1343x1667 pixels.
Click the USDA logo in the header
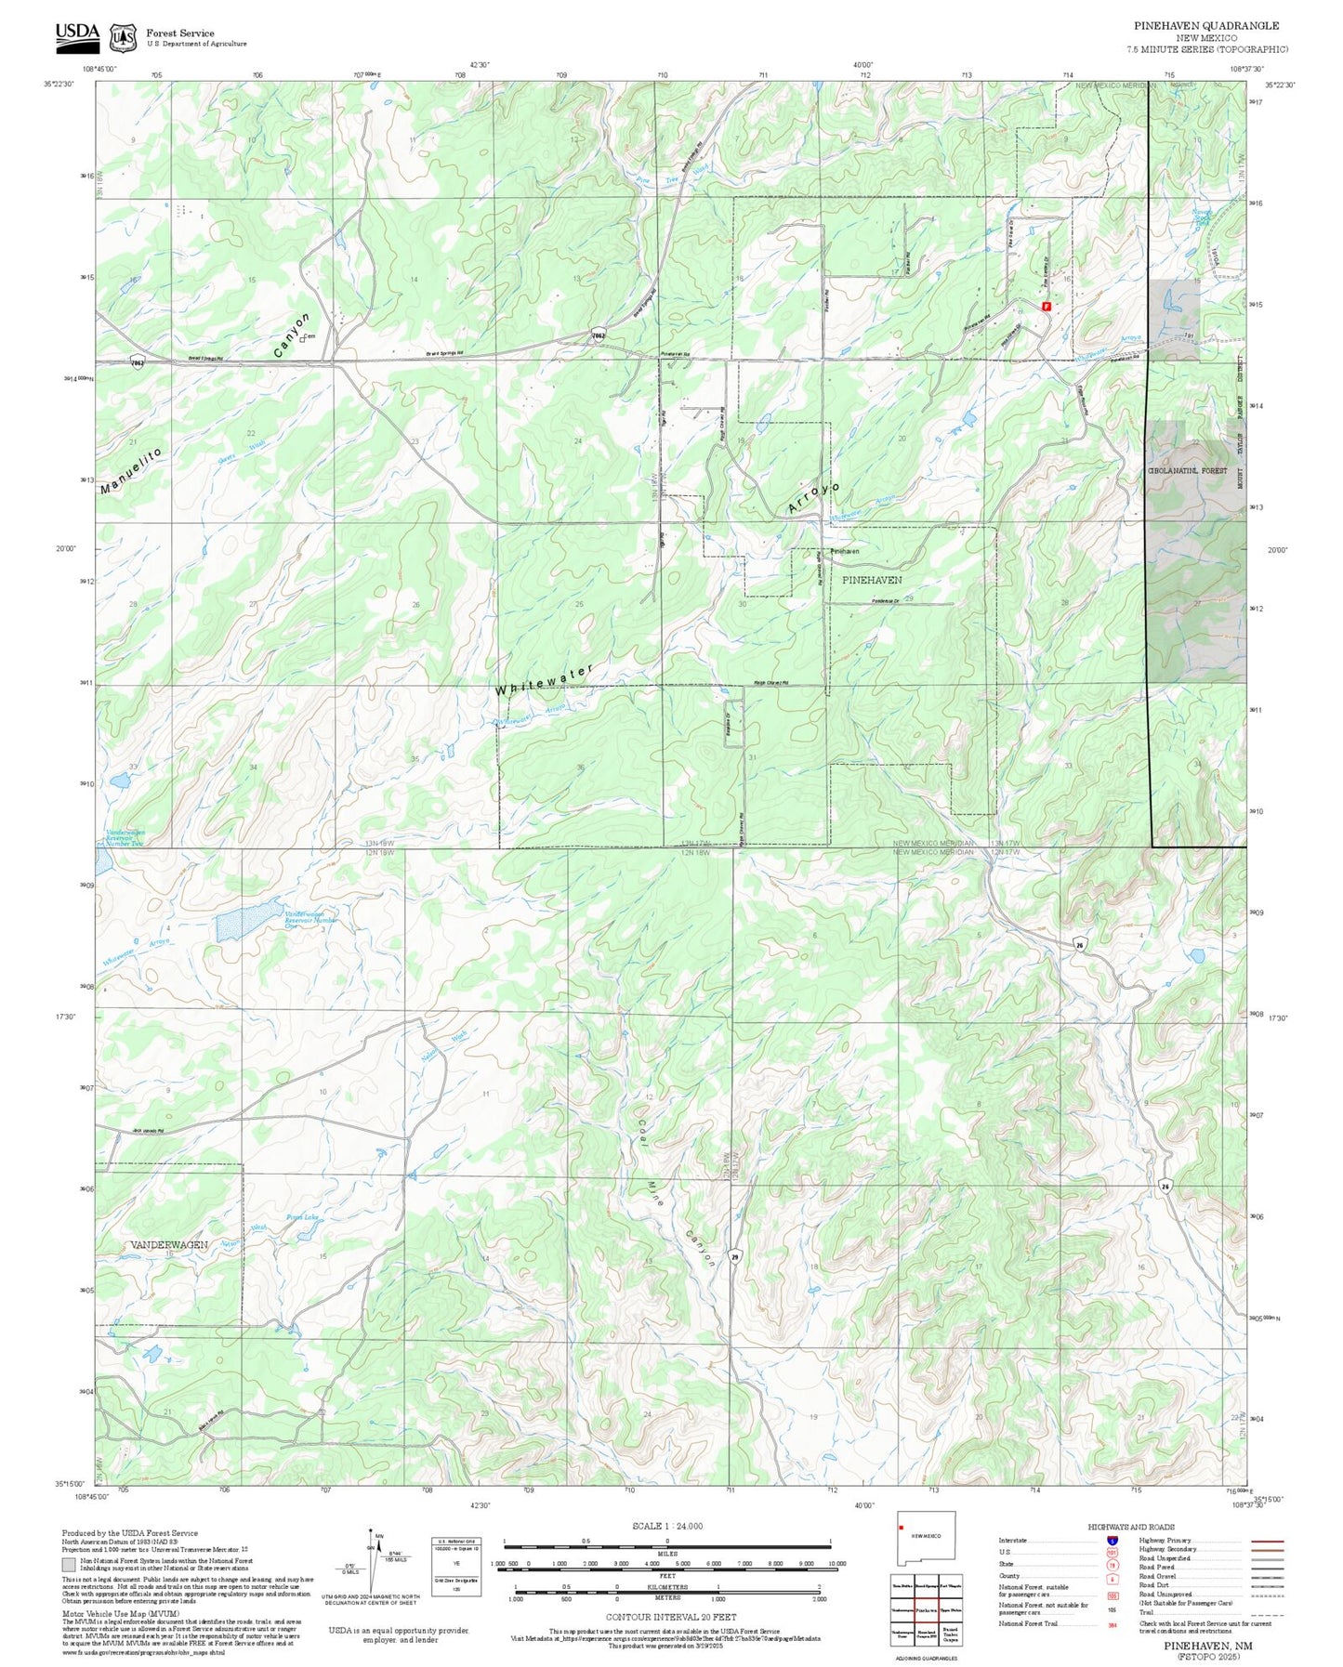[77, 34]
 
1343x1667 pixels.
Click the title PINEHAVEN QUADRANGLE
[1205, 26]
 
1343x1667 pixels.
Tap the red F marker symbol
[1047, 306]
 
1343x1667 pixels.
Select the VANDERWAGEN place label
[168, 1243]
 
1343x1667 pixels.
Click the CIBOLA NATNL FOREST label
[1187, 471]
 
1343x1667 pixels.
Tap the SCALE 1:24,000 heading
[666, 1526]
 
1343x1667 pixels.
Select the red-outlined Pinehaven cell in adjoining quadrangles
[925, 1609]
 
